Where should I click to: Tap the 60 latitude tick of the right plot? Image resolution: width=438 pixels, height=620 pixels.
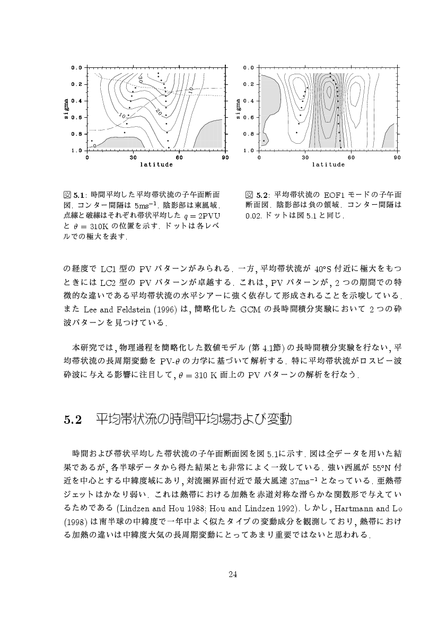(x=351, y=158)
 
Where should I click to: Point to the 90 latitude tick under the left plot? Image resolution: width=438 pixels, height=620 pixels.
(x=225, y=158)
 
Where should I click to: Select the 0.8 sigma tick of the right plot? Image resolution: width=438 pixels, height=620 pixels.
(x=249, y=134)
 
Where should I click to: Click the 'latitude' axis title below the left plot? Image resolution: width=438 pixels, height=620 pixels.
(x=156, y=164)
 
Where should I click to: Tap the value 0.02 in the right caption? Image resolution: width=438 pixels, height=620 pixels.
(x=254, y=216)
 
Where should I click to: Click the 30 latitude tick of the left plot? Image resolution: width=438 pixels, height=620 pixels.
(x=133, y=158)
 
